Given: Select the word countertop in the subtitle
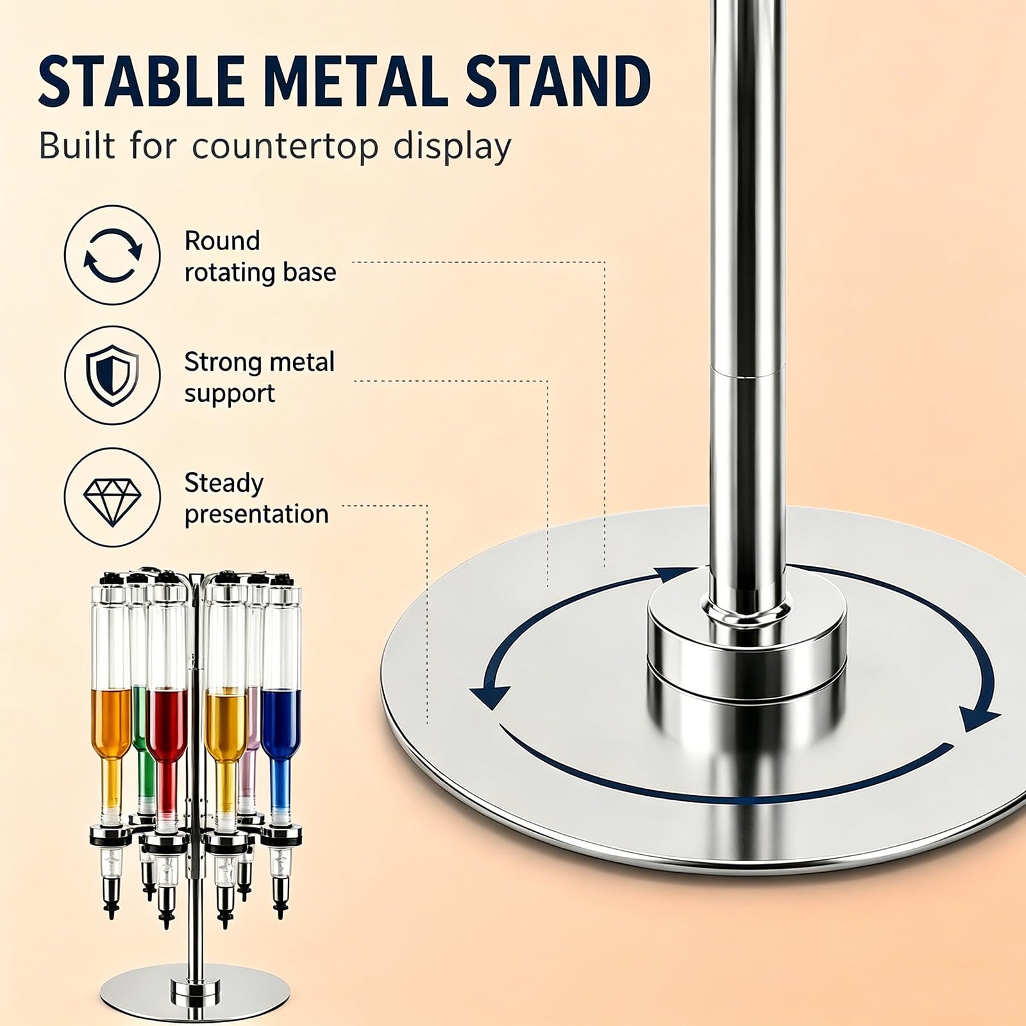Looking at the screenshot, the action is click(285, 147).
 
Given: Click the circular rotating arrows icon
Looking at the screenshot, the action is click(113, 255).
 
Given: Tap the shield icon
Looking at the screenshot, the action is click(113, 376).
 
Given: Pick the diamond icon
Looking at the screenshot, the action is click(113, 498).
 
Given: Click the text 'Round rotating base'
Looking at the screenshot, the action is click(260, 256).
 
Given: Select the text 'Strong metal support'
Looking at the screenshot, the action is click(260, 377).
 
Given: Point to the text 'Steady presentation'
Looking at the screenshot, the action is click(256, 499).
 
